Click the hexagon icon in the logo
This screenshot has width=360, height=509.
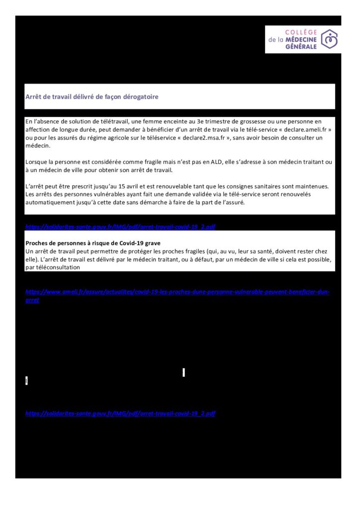pyautogui.click(x=329, y=39)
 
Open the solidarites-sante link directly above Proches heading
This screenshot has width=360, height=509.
pyautogui.click(x=120, y=227)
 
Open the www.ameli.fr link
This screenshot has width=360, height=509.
pyautogui.click(x=178, y=292)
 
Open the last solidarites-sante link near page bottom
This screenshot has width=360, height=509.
pyautogui.click(x=120, y=414)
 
